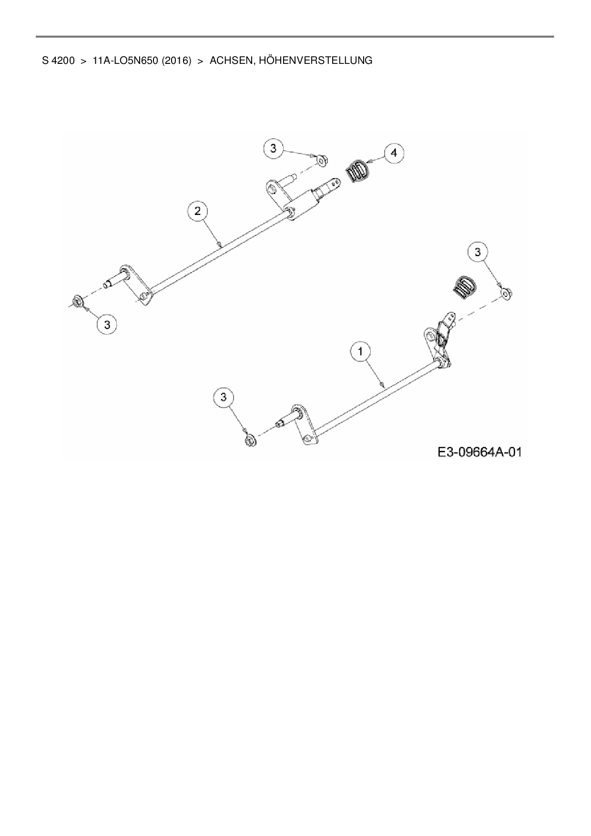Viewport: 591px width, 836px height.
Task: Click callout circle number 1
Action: click(361, 352)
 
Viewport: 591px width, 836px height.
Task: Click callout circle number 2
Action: click(198, 211)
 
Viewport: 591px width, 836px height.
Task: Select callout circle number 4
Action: click(394, 153)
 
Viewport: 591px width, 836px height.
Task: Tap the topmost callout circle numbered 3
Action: click(273, 148)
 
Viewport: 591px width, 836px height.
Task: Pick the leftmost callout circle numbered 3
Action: click(107, 325)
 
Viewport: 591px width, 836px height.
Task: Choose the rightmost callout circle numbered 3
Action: click(478, 252)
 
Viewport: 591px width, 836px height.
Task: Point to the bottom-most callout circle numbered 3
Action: click(224, 396)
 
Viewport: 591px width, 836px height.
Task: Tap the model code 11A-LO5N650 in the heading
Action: click(125, 61)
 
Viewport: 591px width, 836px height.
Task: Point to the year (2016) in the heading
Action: click(176, 61)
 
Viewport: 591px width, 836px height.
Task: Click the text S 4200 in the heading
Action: click(58, 61)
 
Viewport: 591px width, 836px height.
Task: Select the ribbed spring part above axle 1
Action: click(463, 287)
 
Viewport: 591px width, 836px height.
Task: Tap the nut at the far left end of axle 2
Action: click(77, 301)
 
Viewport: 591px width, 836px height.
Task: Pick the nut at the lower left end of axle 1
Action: click(249, 440)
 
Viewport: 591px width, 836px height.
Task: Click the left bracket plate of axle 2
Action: click(138, 285)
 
